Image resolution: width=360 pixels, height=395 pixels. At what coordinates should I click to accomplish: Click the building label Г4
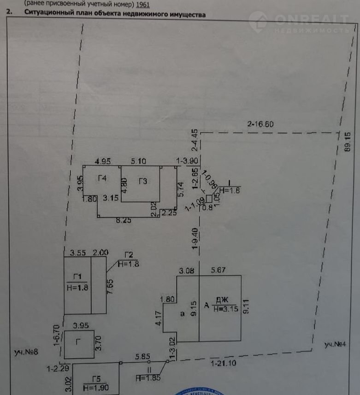coord(102,178)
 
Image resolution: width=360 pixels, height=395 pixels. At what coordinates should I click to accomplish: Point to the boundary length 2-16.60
coord(260,124)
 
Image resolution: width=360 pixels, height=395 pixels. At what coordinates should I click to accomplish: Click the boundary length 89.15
coord(348,142)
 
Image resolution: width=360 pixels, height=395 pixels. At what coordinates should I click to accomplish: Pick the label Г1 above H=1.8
coord(77,277)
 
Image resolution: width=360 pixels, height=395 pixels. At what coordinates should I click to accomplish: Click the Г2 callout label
coord(129,255)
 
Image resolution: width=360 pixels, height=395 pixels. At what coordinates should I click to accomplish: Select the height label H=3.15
coord(225,309)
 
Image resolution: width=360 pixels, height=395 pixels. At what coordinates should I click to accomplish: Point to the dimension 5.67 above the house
coord(218,271)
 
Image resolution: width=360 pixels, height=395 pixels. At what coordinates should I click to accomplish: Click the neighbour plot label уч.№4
coord(334,344)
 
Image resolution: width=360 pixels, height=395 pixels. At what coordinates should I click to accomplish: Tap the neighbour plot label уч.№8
coord(25,353)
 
